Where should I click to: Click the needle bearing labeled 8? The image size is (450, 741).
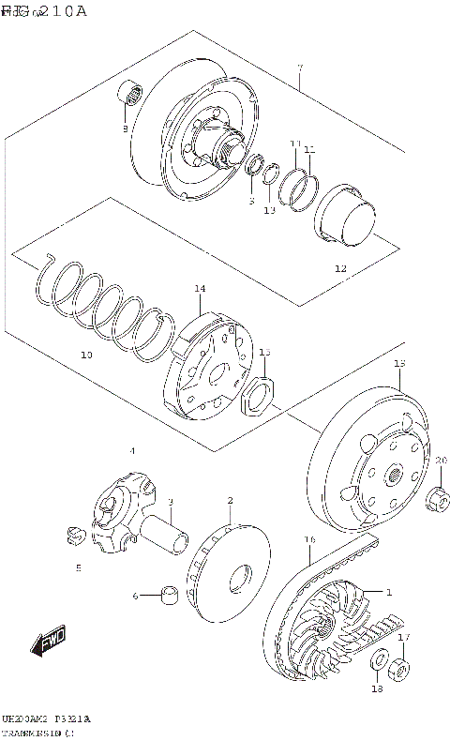point(130,95)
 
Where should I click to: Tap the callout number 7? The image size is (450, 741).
point(299,68)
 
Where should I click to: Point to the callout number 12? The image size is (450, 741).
point(340,268)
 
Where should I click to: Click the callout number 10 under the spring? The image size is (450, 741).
point(85,355)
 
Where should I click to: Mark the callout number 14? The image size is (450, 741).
point(199,289)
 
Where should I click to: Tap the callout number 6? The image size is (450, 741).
point(135,596)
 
